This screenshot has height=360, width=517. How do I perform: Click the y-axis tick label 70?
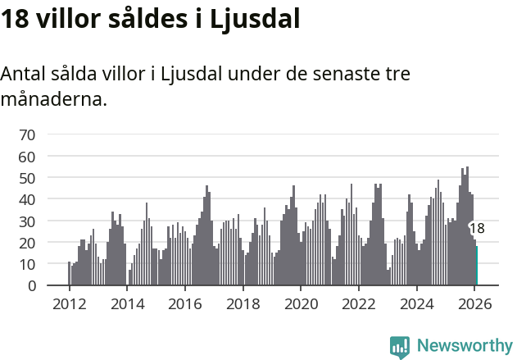tap(27, 134)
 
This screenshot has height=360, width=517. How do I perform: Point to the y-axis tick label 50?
tap(27, 178)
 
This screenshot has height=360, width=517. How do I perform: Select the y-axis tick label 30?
tap(27, 221)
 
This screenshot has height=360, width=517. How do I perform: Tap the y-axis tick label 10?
tap(27, 265)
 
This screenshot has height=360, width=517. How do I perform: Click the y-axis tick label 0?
tap(31, 286)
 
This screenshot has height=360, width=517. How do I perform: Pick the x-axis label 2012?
tap(69, 304)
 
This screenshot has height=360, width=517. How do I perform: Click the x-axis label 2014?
tap(127, 304)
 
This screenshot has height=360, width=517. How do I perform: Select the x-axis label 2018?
tap(243, 304)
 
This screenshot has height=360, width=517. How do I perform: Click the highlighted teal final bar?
tap(477, 267)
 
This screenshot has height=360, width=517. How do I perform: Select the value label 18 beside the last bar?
tap(477, 229)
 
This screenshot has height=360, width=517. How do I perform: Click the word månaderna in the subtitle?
tap(53, 100)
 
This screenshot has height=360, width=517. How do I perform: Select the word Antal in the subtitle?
tap(24, 74)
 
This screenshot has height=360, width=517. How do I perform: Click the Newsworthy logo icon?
tap(400, 347)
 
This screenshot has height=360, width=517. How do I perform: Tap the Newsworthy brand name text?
tap(464, 346)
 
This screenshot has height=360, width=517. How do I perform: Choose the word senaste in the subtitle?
tap(340, 74)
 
